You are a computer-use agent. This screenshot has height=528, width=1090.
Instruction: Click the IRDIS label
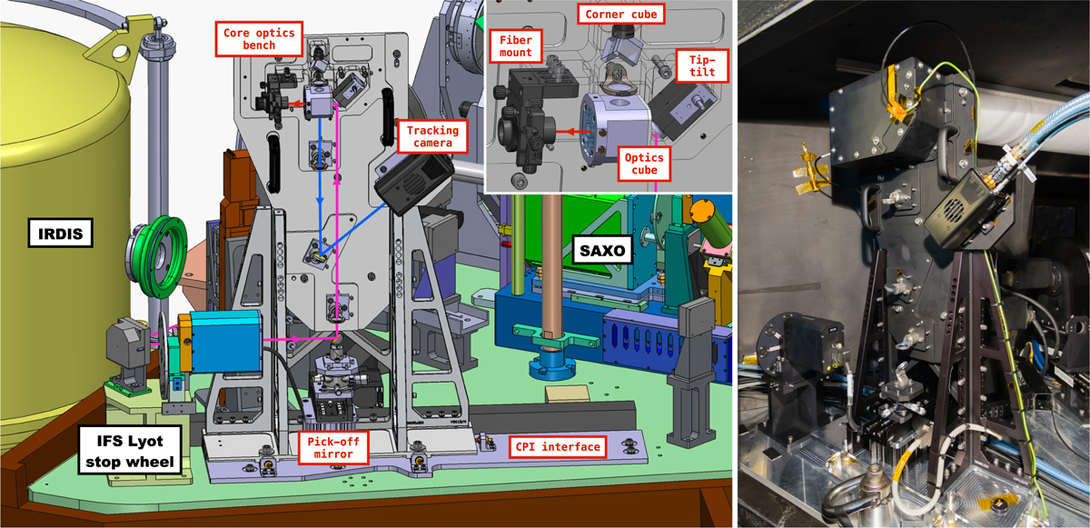pos(60,233)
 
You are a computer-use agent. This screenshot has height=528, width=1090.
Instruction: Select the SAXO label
pos(602,250)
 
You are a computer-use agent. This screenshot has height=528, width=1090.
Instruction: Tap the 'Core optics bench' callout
pos(259,39)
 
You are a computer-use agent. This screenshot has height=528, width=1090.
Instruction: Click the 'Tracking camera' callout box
pos(432,136)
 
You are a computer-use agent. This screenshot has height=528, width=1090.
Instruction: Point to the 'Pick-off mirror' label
pos(332,448)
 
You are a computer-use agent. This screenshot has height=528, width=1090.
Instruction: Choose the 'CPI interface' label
pos(558,447)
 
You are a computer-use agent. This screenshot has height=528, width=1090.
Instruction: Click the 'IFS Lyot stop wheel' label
pos(129,451)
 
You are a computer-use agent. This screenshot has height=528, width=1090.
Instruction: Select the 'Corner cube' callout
pos(621,15)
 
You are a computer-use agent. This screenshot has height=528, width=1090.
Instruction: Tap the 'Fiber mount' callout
pos(515,46)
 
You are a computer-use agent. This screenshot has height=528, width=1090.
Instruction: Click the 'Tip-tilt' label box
pos(702,65)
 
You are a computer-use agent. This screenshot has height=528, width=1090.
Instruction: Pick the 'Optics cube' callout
pos(644,164)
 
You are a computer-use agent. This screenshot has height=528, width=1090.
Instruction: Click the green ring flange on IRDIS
pos(156,257)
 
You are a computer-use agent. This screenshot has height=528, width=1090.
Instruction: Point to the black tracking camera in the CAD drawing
pos(414,181)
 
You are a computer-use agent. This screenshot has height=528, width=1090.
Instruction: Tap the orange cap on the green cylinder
pos(702,212)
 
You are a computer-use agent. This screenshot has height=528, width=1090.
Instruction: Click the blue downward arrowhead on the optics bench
pos(320,202)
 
